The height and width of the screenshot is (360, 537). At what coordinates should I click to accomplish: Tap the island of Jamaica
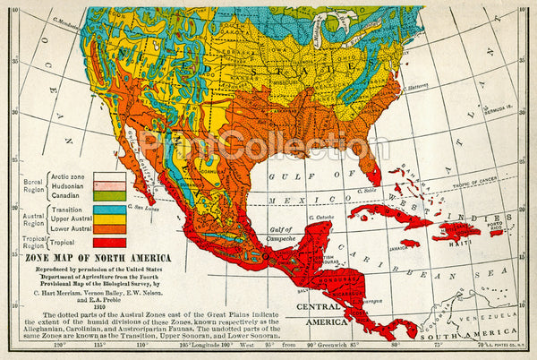[409, 243]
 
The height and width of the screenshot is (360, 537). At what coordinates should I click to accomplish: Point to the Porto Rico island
[494, 231]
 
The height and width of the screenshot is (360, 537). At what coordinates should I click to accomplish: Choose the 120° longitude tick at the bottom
[61, 344]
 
